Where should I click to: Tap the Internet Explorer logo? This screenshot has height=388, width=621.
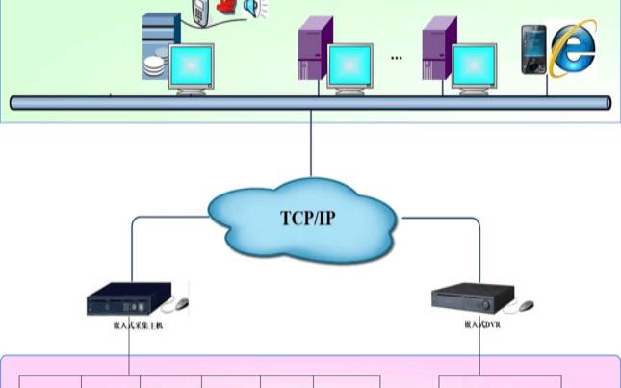pos(574,49)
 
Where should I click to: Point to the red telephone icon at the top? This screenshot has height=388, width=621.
pos(227,7)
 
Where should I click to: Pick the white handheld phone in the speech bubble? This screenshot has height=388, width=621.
pos(200,13)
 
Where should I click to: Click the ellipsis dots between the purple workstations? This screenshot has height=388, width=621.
pos(397,58)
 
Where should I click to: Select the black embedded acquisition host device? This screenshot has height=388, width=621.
pos(129,298)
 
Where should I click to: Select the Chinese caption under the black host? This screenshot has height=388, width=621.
pos(137,325)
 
